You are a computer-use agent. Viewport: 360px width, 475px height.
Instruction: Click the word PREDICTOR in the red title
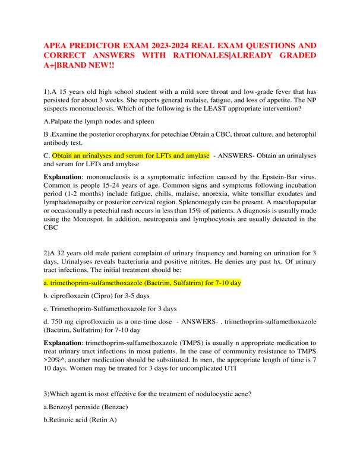pos(97,46)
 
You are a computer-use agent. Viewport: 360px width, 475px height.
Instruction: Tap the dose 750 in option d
pos(57,321)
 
